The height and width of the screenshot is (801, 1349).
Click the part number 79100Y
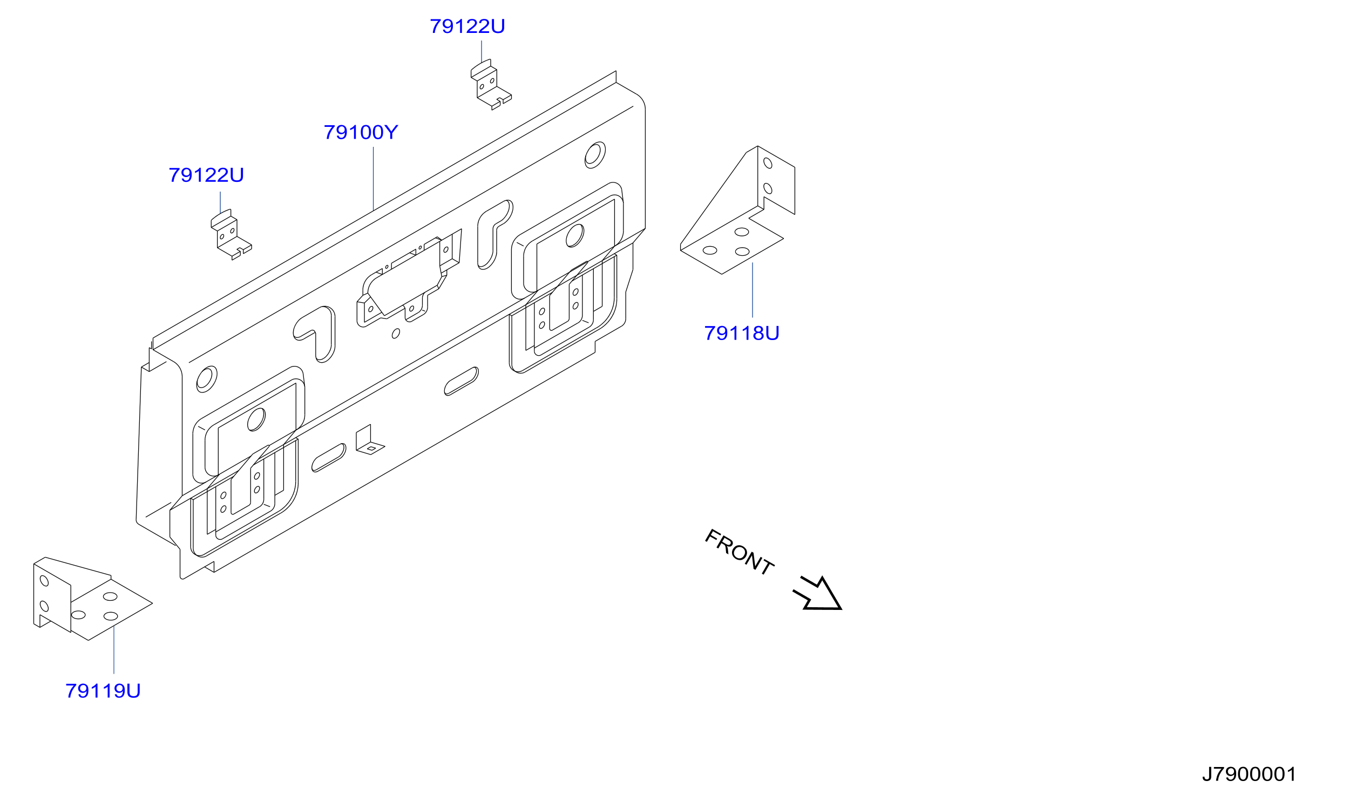tap(361, 132)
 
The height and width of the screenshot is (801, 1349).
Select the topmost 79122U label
tap(467, 26)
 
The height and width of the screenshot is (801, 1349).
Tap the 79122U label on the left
tap(206, 175)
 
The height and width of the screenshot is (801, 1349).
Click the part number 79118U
tap(742, 334)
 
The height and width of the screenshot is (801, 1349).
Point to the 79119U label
tap(103, 691)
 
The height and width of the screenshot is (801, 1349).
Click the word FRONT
tap(740, 552)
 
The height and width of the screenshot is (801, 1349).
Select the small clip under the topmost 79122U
tap(491, 85)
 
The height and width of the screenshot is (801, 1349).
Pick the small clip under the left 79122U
tap(231, 235)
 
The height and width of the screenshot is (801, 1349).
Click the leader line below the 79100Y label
tap(373, 179)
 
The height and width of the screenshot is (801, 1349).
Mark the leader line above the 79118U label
tap(752, 290)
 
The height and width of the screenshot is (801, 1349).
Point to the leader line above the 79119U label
tap(114, 650)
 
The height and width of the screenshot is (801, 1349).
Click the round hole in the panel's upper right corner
tap(595, 155)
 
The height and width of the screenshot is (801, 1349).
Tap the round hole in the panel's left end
tap(206, 379)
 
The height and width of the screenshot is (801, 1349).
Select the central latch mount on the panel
tap(409, 278)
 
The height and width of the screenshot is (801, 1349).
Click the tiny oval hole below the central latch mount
tap(396, 334)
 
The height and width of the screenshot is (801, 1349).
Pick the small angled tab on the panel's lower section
tap(370, 440)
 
